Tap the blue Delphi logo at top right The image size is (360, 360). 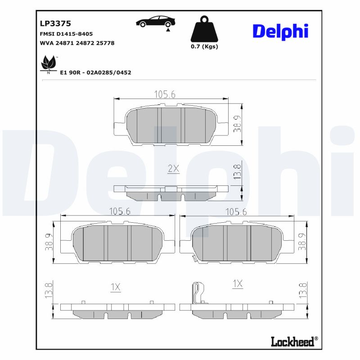point(280,31)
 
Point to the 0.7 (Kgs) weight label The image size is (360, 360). point(204,46)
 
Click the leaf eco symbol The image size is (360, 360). point(48,63)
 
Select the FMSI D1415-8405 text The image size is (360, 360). point(67,34)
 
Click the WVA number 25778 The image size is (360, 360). point(103,43)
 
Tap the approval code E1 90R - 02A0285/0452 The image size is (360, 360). point(95,72)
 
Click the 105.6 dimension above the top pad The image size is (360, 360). point(165,94)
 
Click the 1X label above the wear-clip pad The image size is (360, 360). point(238,283)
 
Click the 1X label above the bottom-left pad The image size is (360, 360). point(116,287)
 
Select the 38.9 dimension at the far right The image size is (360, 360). point(302,242)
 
